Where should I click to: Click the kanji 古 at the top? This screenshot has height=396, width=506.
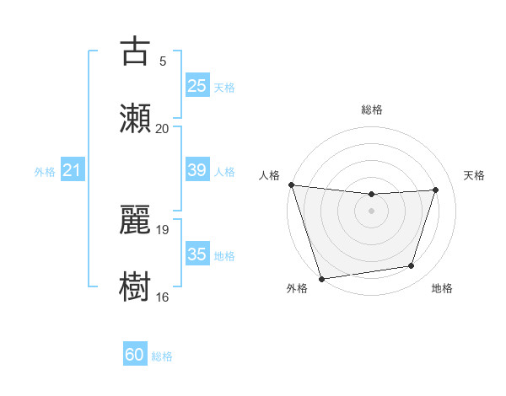coord(136,52)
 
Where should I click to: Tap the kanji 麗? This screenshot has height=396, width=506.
coord(136,218)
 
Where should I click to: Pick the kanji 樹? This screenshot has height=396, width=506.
coord(136,284)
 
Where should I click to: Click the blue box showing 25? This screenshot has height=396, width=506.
coord(196,86)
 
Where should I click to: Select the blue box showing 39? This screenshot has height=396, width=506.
coord(196,170)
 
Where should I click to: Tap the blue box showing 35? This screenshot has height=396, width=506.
coord(196,254)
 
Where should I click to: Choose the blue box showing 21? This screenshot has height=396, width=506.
coord(73,171)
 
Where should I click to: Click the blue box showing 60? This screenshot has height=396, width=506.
coord(135,355)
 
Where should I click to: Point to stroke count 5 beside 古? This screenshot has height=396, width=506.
coord(163,61)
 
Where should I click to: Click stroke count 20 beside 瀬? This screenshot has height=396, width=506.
coord(163,128)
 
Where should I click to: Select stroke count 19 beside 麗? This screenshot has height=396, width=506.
coord(164,229)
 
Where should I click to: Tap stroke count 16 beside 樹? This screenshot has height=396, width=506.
coord(163,297)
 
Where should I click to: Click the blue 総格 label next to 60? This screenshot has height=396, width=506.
coord(162,356)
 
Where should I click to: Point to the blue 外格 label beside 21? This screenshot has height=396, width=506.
coord(45,172)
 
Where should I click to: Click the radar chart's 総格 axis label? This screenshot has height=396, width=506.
coord(372,110)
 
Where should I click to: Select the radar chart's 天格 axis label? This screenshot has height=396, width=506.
coord(474,175)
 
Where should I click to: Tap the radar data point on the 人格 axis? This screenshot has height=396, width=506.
coord(291,185)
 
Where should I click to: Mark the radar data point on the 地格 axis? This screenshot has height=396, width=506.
coord(412,266)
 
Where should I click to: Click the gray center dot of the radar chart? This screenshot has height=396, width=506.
coord(372,211)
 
